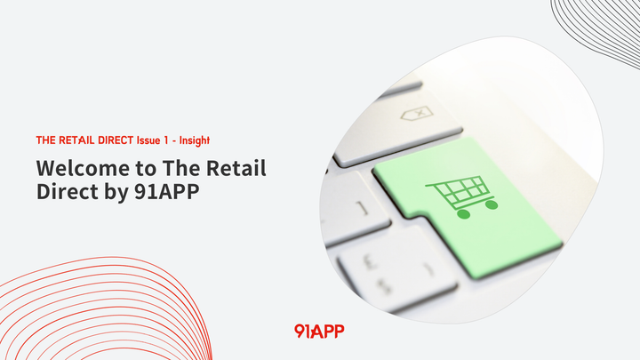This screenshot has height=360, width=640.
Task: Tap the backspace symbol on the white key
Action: tap(419, 114)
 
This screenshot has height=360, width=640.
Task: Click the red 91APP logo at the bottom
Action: tap(319, 331)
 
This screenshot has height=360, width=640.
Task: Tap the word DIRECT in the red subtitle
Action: tap(113, 140)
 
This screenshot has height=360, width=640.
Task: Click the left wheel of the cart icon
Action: tap(460, 213)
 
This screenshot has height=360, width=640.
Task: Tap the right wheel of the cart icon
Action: tap(492, 204)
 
